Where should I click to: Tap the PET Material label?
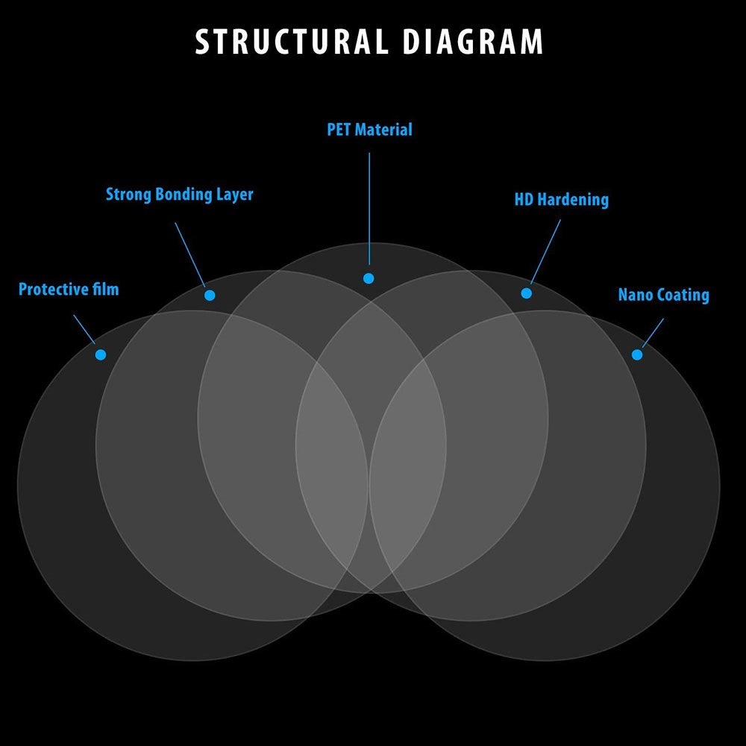click(369, 130)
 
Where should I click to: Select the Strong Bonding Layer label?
click(179, 195)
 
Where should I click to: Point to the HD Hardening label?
click(561, 200)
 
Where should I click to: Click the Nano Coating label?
click(663, 295)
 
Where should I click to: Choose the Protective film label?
click(69, 289)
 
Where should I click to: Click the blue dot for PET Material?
click(369, 278)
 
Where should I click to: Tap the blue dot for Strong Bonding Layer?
click(210, 295)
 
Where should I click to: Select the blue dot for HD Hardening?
click(526, 293)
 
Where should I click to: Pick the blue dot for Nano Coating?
click(636, 354)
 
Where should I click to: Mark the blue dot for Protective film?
click(101, 354)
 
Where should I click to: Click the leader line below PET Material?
click(369, 209)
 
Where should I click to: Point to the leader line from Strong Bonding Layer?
click(190, 254)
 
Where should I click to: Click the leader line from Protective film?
click(84, 329)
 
